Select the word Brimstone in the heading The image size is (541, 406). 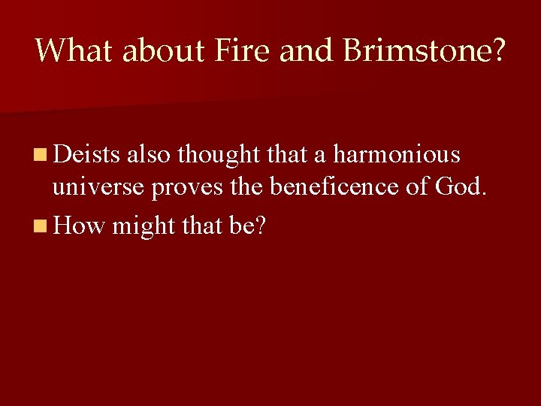click(x=417, y=50)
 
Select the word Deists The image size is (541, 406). click(x=86, y=155)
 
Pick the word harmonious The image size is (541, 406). click(x=397, y=155)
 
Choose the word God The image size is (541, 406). click(x=457, y=186)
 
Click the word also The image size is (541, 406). click(x=149, y=155)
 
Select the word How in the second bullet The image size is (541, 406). click(x=78, y=226)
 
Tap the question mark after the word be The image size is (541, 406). click(x=260, y=226)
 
